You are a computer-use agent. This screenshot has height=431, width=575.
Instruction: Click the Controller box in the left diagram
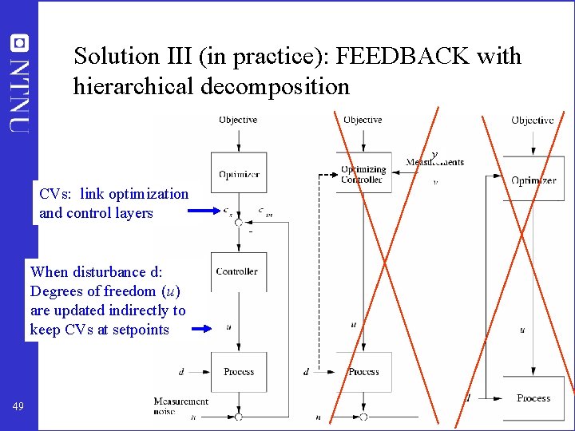238,271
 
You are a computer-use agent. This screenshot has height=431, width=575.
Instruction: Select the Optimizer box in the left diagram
238,174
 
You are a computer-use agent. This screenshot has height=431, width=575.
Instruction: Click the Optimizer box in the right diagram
533,180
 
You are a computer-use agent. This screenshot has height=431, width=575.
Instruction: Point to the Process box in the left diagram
238,372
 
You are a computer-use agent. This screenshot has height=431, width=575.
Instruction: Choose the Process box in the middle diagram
363,372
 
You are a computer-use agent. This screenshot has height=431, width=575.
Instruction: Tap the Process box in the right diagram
533,398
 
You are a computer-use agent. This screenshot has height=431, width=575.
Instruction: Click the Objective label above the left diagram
238,120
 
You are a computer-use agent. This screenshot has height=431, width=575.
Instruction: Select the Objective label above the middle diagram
363,120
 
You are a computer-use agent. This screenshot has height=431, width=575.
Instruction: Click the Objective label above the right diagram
533,120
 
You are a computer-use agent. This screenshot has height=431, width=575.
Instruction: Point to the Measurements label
435,162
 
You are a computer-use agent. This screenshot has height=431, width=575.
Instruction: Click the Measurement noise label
181,405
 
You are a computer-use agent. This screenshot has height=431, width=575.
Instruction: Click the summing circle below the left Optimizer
238,223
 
